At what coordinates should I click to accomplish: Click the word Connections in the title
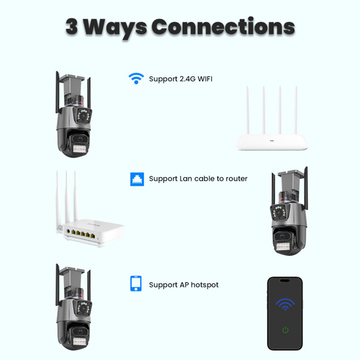223,27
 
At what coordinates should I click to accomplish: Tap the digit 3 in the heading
72,27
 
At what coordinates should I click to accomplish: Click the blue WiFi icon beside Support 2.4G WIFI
136,78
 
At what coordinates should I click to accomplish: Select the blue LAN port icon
137,179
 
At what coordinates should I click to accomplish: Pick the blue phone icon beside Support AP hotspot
136,283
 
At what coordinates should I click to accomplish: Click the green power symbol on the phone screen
285,330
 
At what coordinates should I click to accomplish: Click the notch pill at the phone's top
285,280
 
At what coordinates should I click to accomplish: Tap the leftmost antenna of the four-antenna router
247,110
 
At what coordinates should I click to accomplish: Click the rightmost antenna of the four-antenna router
296,110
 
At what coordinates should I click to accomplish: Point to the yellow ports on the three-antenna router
83,234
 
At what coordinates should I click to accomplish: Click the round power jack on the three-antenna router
68,231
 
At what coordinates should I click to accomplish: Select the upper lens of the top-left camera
83,116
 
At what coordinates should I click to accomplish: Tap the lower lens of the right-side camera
282,236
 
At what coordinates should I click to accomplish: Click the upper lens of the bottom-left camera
83,309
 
